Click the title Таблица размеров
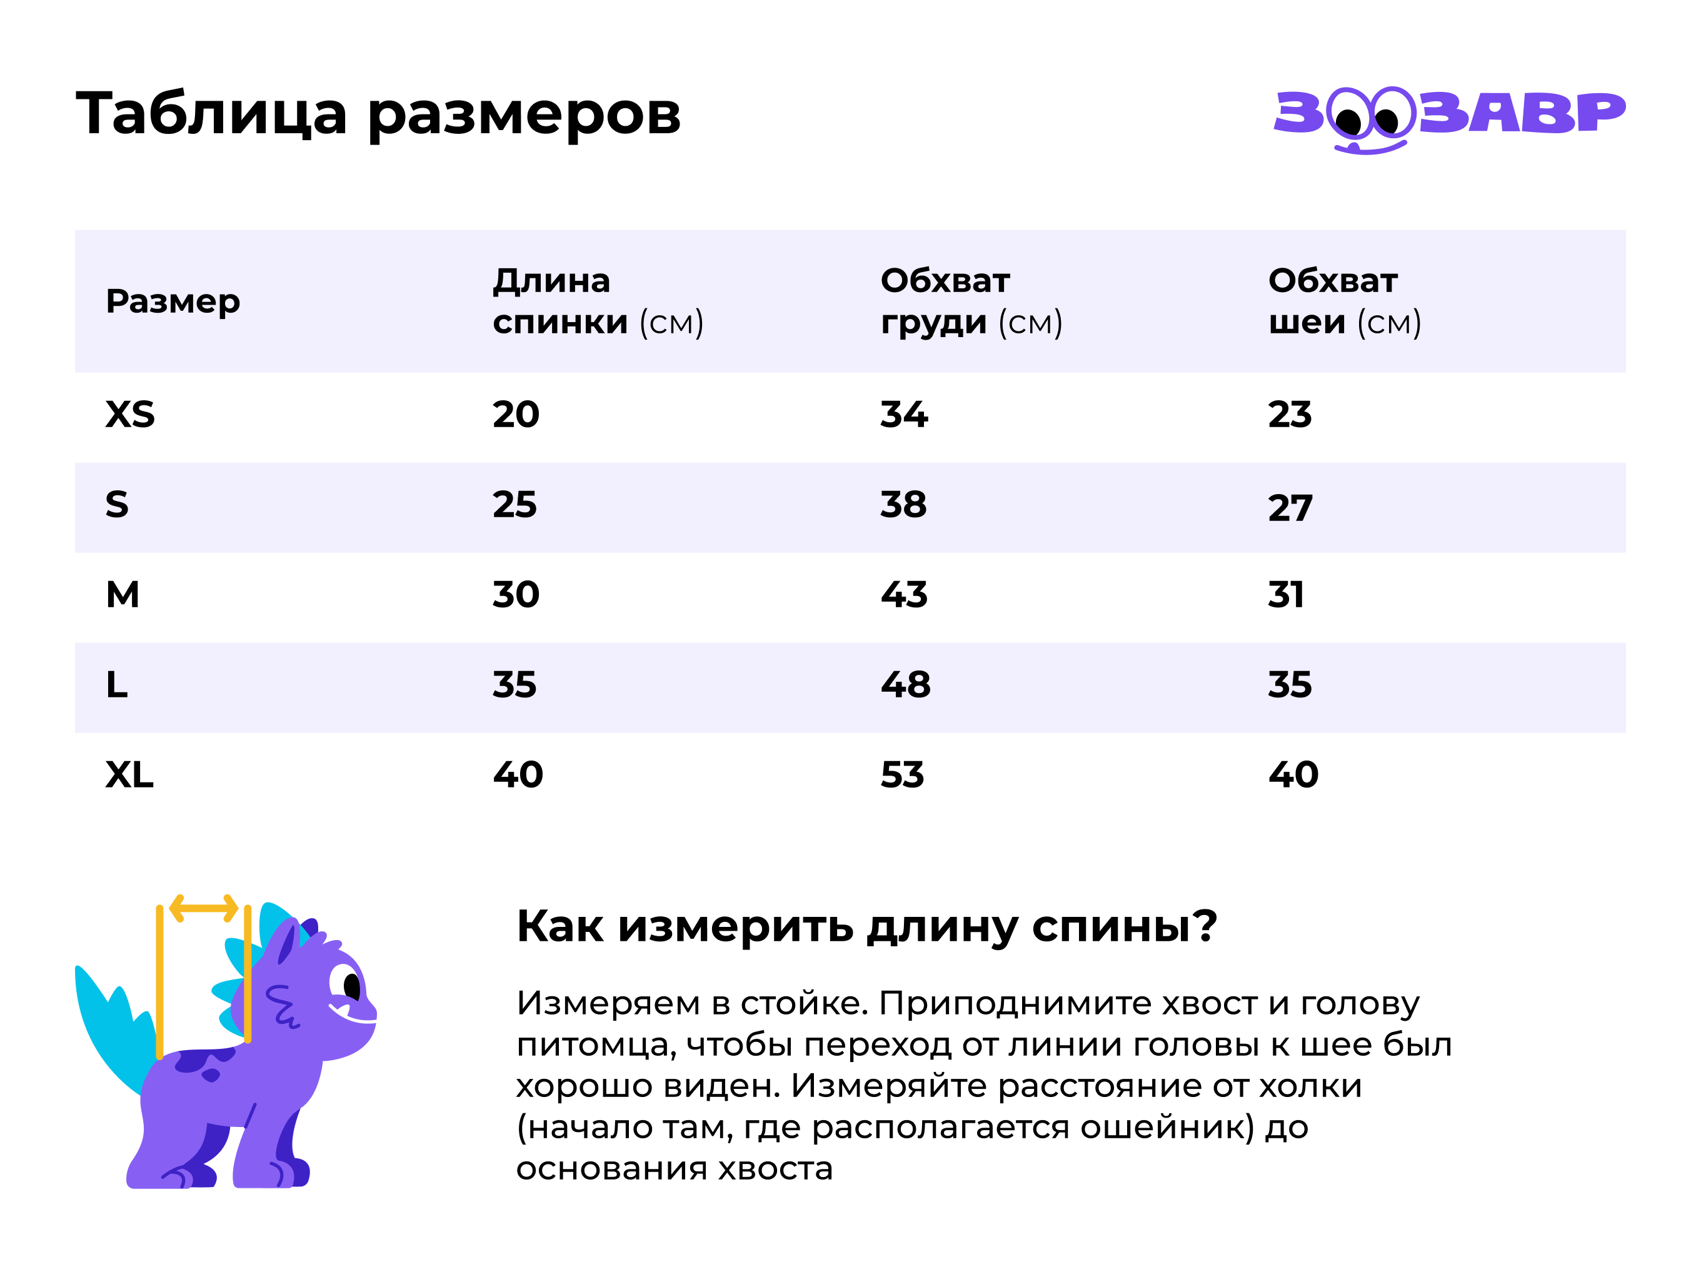pos(378,114)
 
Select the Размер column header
pos(173,301)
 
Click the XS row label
pos(130,415)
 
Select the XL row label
pos(129,774)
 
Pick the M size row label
pos(123,595)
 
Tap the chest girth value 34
pos(904,415)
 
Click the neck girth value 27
pos(1290,508)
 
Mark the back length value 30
pos(516,595)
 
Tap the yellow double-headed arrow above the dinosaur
pos(204,908)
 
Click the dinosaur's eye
pos(351,986)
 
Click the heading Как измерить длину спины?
pos(866,926)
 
